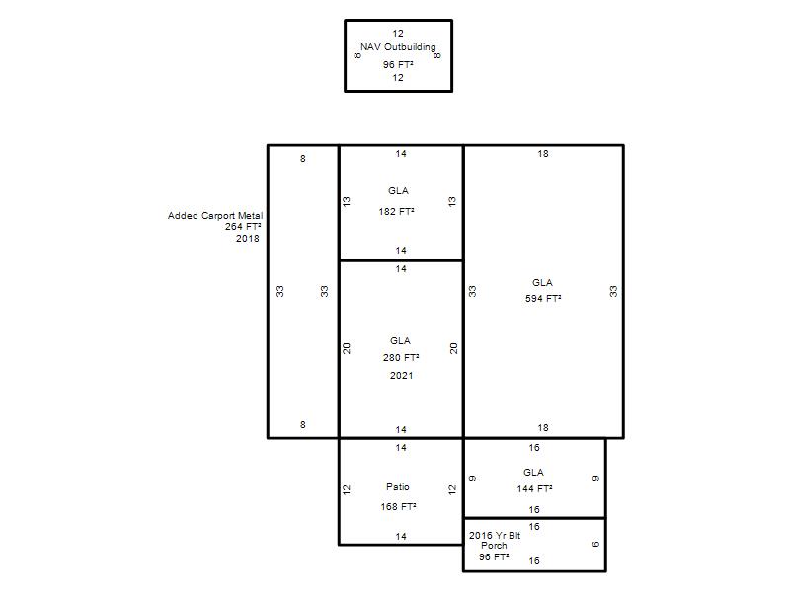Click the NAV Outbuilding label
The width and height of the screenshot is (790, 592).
[x=398, y=46]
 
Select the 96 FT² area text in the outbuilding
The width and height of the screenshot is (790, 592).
[x=398, y=64]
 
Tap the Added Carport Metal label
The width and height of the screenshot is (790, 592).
[x=215, y=215]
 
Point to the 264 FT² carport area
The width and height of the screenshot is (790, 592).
[x=243, y=227]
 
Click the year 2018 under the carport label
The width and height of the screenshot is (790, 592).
[x=248, y=238]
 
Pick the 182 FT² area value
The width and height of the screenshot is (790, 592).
[x=397, y=211]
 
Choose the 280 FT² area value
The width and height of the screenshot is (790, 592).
[x=401, y=357]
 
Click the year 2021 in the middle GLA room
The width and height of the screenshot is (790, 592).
[x=401, y=375]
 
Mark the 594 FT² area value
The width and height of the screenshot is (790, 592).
[x=543, y=298]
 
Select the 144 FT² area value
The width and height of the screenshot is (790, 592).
[x=534, y=488]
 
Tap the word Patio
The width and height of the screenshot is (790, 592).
[x=398, y=486]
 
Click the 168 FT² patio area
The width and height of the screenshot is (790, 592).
[x=398, y=506]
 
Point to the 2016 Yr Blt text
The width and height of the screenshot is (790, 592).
[x=495, y=535]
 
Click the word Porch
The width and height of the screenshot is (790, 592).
[x=494, y=546]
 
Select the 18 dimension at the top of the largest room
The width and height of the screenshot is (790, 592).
[x=542, y=154]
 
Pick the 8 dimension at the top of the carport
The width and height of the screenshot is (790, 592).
[x=303, y=159]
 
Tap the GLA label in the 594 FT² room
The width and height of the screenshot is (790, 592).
[x=542, y=282]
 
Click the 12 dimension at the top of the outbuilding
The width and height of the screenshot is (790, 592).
[x=398, y=34]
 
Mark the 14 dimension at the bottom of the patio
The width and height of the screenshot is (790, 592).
[x=401, y=536]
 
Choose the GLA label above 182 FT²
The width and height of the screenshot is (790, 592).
[x=398, y=190]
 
